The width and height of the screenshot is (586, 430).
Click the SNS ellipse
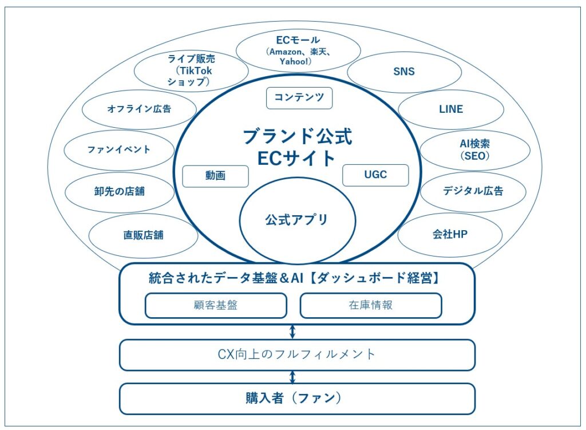404,72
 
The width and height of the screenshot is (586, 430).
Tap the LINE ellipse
451,109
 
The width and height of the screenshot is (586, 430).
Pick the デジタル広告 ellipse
473,191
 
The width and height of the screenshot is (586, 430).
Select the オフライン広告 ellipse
139,109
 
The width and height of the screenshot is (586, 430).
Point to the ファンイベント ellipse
119,150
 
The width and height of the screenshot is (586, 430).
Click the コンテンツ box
299,98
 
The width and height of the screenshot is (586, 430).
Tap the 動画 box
215,176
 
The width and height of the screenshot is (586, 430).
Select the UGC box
375,175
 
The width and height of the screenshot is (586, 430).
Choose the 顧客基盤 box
216,305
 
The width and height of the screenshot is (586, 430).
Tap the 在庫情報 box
371,305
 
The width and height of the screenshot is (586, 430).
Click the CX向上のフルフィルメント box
297,354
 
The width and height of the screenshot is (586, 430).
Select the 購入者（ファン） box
297,399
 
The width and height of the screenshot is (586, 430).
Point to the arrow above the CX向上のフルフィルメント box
292,332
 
